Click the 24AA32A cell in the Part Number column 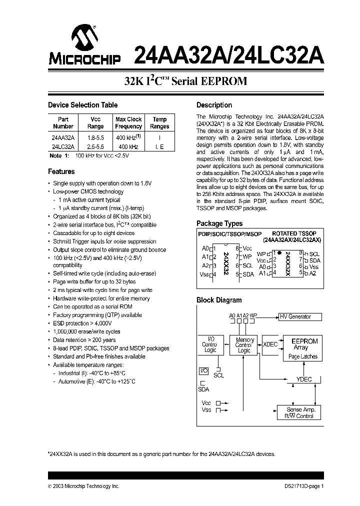63,137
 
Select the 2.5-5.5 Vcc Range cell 96,146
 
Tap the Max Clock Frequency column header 128,123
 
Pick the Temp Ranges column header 159,123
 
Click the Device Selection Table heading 82,105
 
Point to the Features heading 61,171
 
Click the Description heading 214,105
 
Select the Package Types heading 219,223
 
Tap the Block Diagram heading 219,300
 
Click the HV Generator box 298,316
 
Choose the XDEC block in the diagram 270,344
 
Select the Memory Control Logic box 244,345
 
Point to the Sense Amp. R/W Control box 299,412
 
